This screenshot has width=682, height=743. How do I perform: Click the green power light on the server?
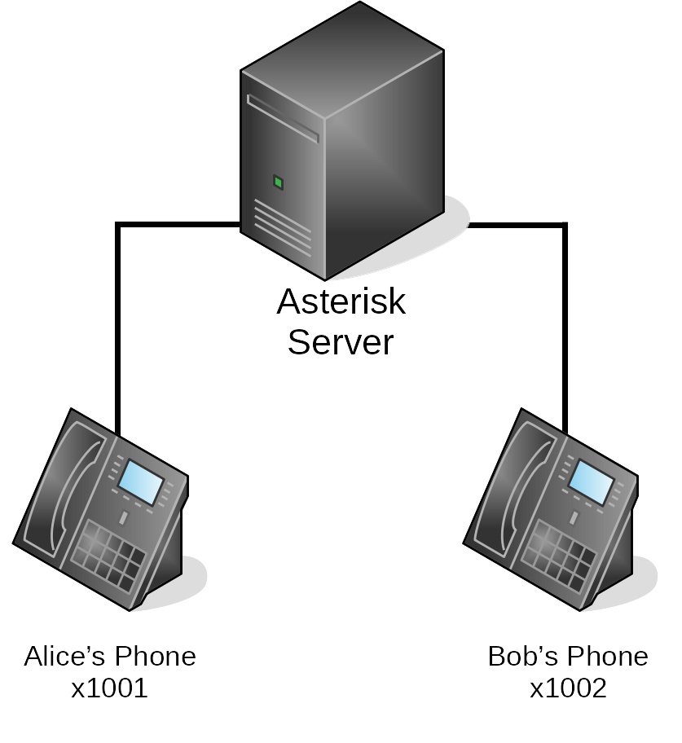coord(278,182)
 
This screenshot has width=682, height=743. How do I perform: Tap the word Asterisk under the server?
coord(341,302)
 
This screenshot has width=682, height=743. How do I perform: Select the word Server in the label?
coord(341,342)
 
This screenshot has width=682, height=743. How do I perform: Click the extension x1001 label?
coord(109,689)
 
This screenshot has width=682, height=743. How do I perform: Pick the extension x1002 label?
coord(568,689)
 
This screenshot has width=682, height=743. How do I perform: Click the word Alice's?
coord(64,657)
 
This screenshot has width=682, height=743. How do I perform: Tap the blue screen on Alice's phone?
coord(140,482)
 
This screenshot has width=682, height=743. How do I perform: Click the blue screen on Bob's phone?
coord(591,482)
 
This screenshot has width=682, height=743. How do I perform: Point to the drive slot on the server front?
coord(282,119)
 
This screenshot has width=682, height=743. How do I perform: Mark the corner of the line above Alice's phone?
coord(119,224)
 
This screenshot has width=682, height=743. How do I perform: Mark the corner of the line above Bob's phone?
coord(565,224)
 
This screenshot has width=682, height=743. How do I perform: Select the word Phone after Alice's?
coord(154,657)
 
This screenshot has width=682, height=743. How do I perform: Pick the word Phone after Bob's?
coord(608,657)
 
